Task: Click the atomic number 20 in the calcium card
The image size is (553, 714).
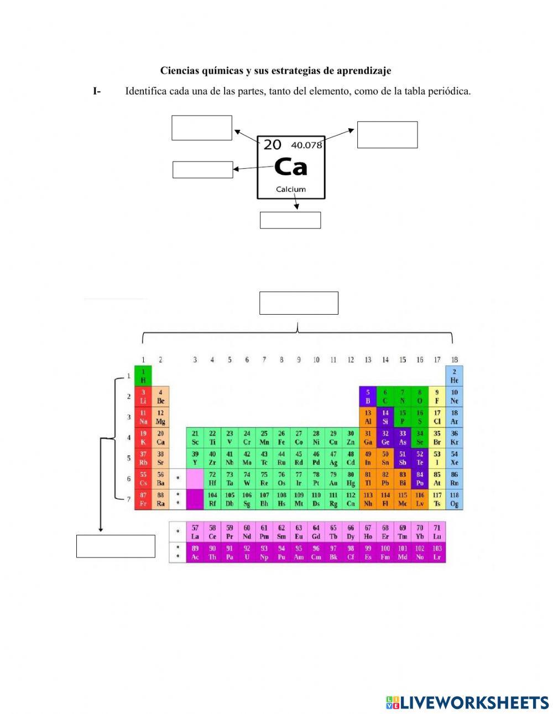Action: pos(272,145)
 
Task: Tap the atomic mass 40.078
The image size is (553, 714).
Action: pos(306,145)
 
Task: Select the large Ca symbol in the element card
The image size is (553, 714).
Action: pos(290,166)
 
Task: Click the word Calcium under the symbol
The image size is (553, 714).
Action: pos(291,189)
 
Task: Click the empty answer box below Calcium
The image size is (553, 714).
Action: pos(290,220)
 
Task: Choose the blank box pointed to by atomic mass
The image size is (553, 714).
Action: pos(387,135)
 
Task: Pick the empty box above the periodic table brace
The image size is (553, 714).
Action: pos(299,303)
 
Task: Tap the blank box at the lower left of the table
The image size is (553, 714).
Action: pos(116,546)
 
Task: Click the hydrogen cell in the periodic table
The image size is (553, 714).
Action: pos(143,376)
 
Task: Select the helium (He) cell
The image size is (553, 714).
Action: pos(454,376)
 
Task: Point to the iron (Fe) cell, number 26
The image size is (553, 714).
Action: pos(281,438)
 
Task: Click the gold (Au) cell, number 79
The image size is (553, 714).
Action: pos(333,479)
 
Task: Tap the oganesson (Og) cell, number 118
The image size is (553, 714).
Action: pos(454,499)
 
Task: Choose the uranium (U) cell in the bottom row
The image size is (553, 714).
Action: pos(247,553)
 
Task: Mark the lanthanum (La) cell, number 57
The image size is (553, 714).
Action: pos(195,532)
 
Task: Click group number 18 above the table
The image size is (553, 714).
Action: pos(454,360)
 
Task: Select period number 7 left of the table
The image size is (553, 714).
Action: pos(129,499)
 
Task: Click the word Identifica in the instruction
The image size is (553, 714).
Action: pos(147,91)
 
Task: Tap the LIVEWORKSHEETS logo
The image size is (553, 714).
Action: pos(467,702)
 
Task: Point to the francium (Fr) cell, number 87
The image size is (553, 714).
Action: pos(143,499)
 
